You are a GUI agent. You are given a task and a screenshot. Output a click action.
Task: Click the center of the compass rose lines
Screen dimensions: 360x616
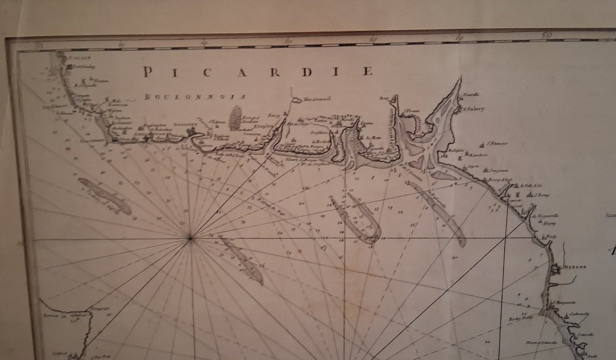190,238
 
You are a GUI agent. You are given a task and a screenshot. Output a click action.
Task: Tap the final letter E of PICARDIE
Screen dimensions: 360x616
368,71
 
